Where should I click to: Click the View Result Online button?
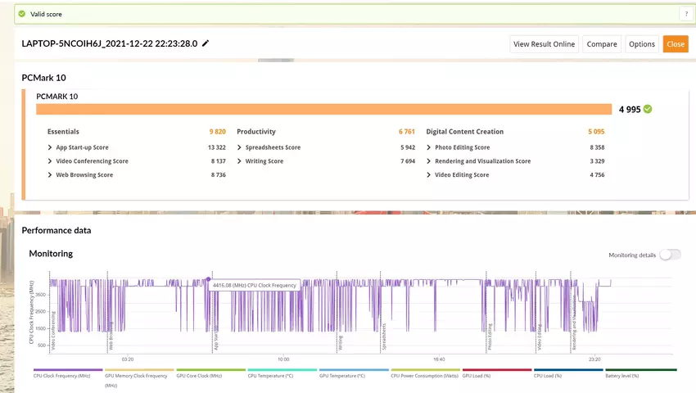click(x=545, y=44)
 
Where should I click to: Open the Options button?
click(x=642, y=44)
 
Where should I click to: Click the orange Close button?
click(x=676, y=44)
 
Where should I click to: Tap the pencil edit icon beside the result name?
click(x=206, y=43)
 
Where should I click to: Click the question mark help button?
click(x=685, y=14)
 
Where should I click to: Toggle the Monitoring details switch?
click(x=670, y=255)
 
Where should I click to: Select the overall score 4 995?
click(x=630, y=109)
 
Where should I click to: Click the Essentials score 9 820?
click(x=217, y=131)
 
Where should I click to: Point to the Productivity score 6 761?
click(x=407, y=131)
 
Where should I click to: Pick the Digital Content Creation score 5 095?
click(x=595, y=131)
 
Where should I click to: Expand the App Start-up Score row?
click(x=82, y=147)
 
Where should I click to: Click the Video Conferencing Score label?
click(x=92, y=161)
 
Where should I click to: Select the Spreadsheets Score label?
click(x=273, y=147)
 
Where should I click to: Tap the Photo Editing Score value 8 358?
click(x=597, y=147)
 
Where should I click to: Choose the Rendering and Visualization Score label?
click(x=482, y=161)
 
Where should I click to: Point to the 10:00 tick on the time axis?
click(x=283, y=359)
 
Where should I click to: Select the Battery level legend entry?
click(x=621, y=375)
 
